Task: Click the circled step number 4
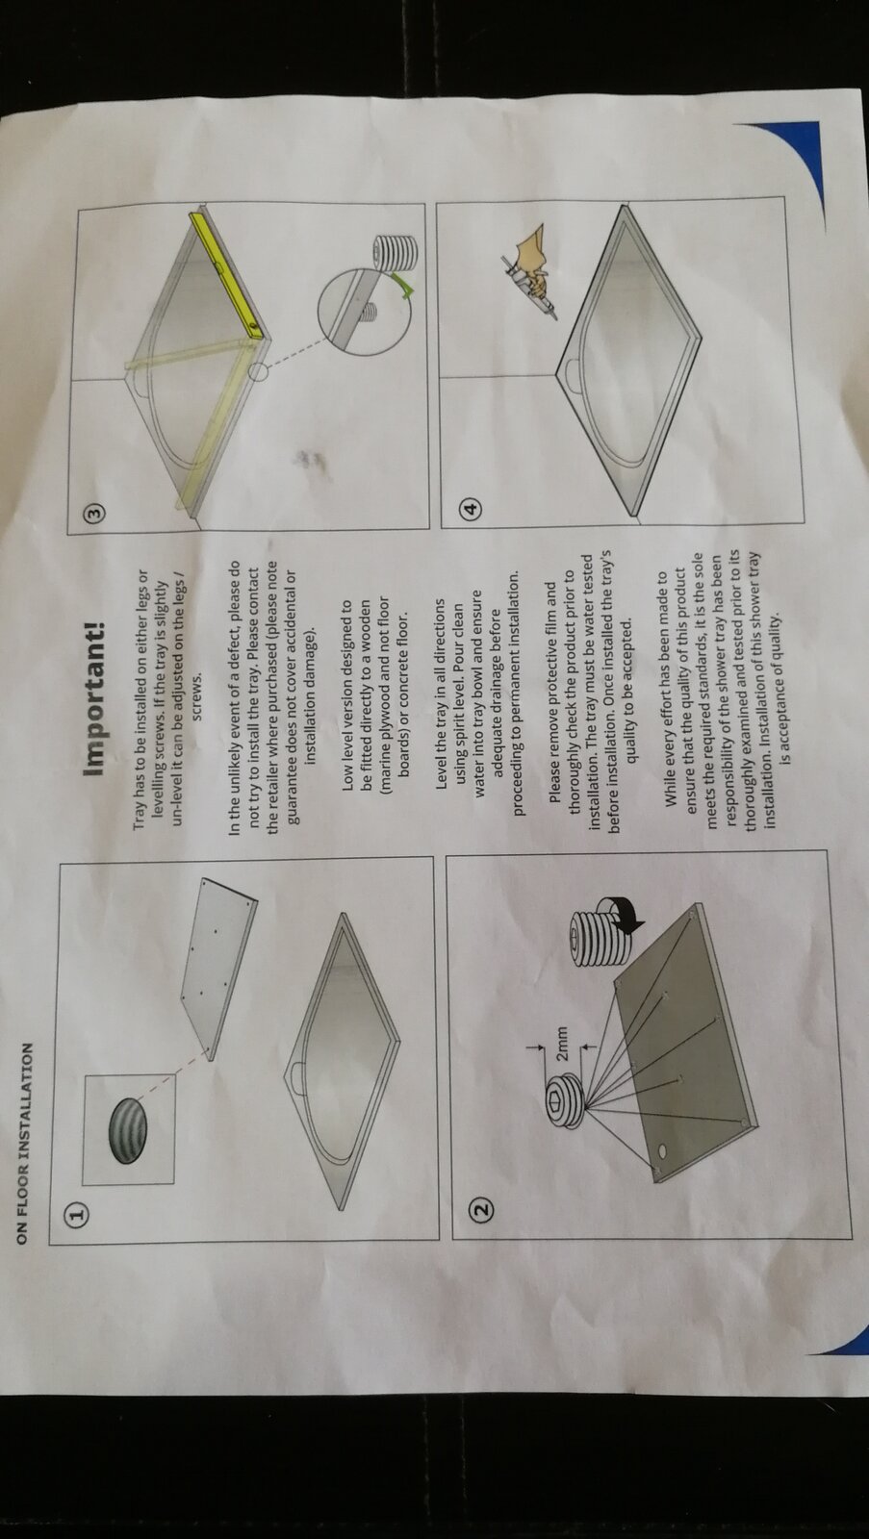[471, 509]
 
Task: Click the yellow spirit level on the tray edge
[228, 275]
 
